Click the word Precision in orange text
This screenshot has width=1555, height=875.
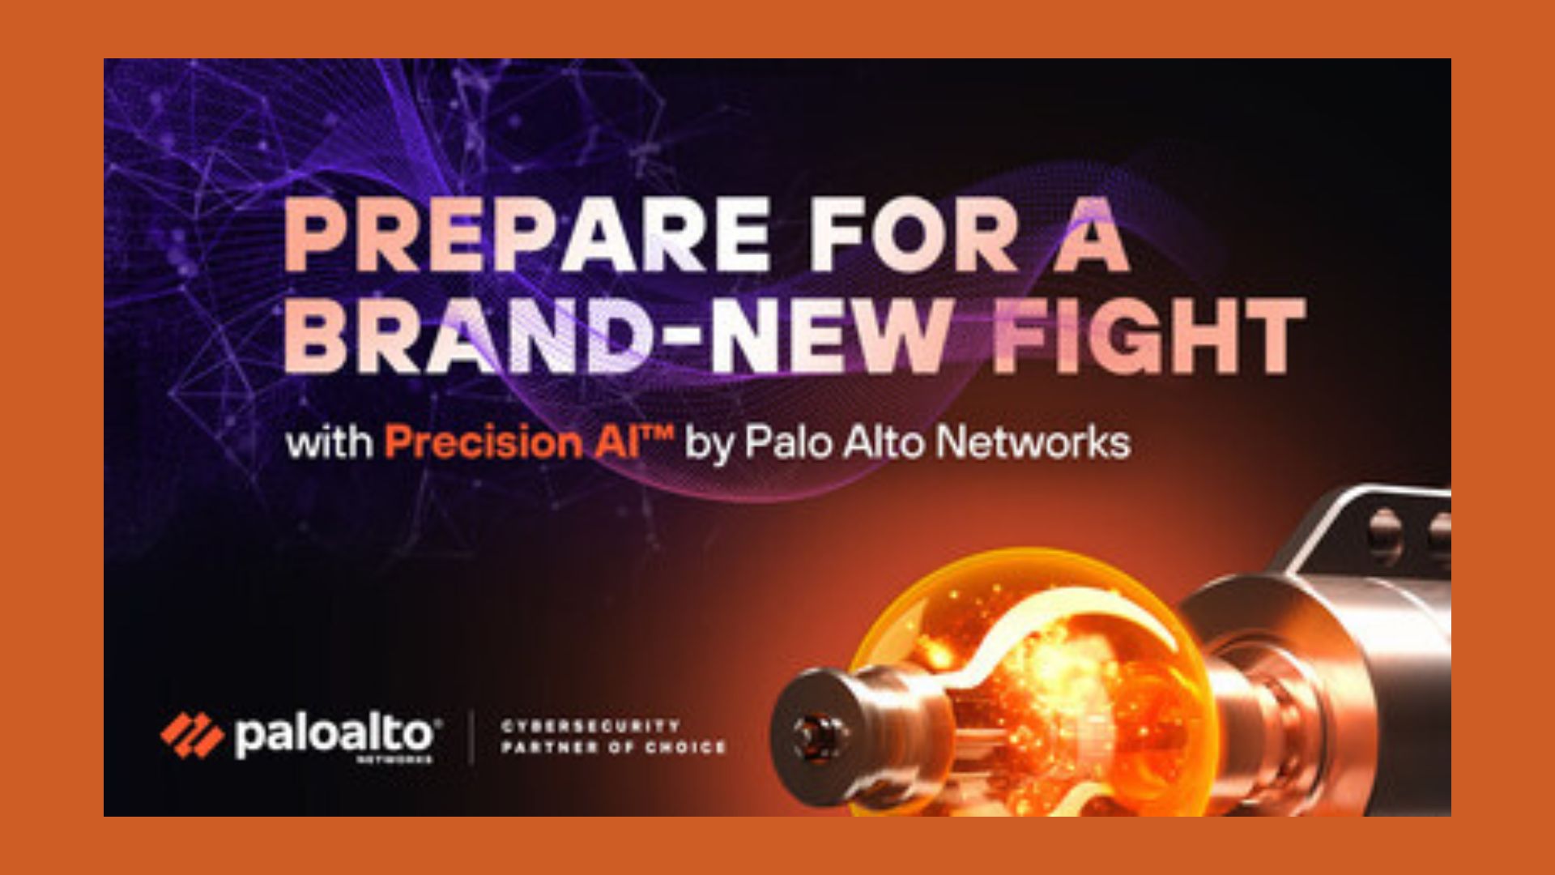[x=483, y=442]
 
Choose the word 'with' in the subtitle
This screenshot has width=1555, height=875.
[x=329, y=442]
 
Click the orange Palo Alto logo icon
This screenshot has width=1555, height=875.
[x=192, y=736]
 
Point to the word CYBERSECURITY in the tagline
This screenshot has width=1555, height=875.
[x=590, y=726]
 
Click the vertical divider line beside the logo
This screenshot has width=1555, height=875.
[x=473, y=736]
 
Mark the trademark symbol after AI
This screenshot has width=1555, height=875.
[x=659, y=433]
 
